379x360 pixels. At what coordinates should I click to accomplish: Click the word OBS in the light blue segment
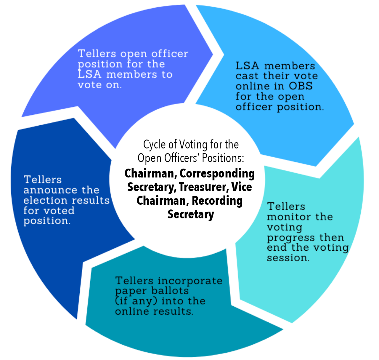click(x=301, y=86)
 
